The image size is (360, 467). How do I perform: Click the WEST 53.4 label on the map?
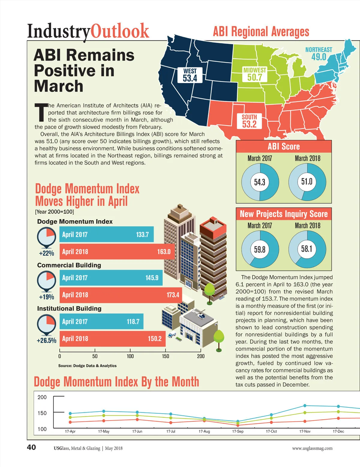pos(190,75)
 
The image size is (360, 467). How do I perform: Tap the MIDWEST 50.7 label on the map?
pos(255,74)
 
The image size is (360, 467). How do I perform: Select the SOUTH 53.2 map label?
pos(249,121)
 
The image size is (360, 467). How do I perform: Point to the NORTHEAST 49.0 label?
pos(319,53)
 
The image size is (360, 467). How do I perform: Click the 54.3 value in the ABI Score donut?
pos(260,182)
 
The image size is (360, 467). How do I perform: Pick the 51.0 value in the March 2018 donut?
pos(307,182)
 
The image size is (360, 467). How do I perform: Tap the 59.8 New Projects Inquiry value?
pos(260,249)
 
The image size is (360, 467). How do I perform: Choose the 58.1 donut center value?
pos(307,249)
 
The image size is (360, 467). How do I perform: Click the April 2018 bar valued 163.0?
pos(117,252)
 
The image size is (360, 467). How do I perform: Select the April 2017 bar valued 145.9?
pos(111,278)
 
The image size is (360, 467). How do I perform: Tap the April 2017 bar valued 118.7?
pos(101,322)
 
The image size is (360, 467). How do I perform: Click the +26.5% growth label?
pos(46,341)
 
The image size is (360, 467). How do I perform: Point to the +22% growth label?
pos(46,253)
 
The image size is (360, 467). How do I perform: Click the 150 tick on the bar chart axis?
pos(165,356)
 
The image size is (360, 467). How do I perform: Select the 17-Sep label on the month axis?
pos(238,431)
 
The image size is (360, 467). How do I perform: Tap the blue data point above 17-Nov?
pos(305,406)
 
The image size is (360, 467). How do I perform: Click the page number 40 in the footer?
pos(31,448)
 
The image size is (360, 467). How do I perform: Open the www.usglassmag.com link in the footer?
pos(312,448)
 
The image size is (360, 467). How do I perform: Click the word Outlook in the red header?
pos(120,31)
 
